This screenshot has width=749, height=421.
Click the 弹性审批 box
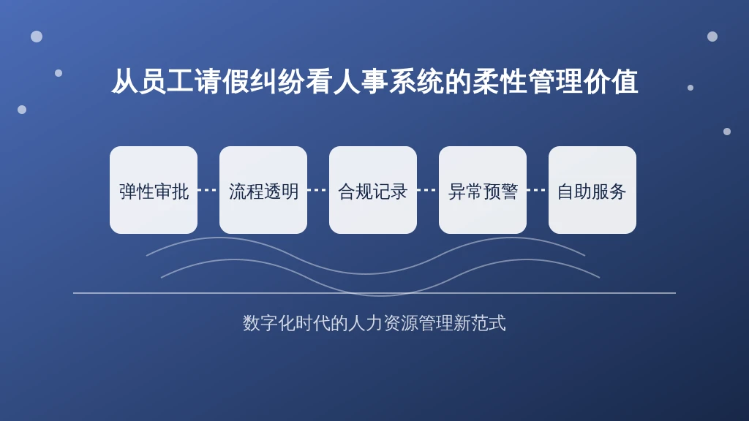(154, 190)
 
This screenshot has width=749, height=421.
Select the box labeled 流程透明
(263, 190)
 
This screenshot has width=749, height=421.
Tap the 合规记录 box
(373, 190)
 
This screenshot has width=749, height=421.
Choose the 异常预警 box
(483, 190)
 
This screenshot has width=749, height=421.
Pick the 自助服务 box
(592, 190)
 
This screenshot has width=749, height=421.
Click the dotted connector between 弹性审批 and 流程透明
(208, 190)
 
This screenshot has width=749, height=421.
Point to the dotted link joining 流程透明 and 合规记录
(318, 190)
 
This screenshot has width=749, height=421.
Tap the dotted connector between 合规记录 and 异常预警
(427, 190)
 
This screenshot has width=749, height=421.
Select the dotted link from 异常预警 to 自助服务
(538, 190)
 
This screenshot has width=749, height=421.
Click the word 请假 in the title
(222, 81)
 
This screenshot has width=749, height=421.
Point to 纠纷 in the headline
(277, 81)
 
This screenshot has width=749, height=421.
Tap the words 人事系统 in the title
(388, 81)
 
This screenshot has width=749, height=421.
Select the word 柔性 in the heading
(499, 81)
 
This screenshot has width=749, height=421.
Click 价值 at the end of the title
(611, 81)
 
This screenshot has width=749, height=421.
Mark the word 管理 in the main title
(554, 81)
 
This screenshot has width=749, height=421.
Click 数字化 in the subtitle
(269, 323)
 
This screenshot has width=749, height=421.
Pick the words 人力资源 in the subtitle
(383, 323)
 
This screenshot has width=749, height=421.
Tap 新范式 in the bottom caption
(480, 323)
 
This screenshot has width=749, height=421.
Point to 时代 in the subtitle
(313, 323)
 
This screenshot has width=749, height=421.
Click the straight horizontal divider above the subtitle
(374, 293)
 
